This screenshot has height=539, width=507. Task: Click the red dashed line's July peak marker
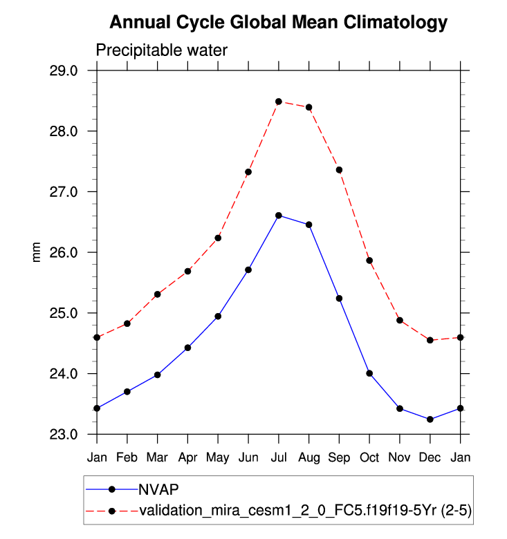tap(279, 102)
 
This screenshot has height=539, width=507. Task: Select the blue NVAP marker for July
tap(279, 216)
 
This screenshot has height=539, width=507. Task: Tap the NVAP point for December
tap(430, 419)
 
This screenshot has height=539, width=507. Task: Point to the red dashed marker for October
tap(369, 261)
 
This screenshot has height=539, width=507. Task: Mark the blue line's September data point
tap(339, 299)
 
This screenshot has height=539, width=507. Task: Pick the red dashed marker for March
tap(158, 294)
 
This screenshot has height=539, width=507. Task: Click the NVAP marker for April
tap(187, 348)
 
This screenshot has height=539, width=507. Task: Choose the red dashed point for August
tap(308, 107)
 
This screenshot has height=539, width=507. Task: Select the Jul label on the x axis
tap(279, 457)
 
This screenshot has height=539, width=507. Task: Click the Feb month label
tap(127, 457)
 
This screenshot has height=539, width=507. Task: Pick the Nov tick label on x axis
tap(400, 457)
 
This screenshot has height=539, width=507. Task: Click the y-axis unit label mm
tap(37, 252)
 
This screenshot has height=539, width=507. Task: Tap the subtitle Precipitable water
tap(161, 50)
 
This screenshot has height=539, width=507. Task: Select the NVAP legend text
tap(159, 489)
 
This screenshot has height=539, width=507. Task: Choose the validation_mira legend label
tap(305, 511)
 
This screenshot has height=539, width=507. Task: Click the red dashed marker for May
tap(218, 238)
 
